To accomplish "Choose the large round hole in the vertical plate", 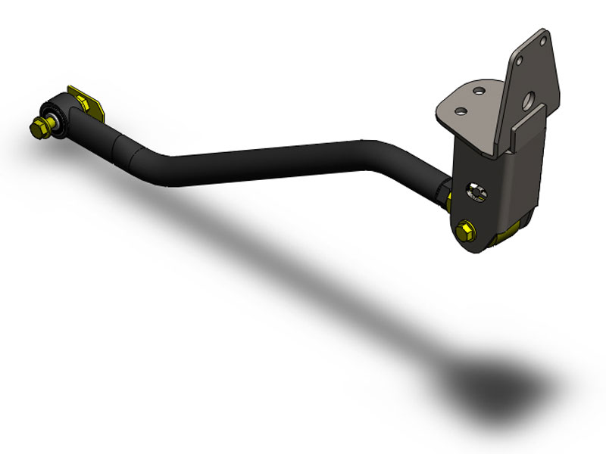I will [x=528, y=98].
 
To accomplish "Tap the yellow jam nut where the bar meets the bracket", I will [x=449, y=198].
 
